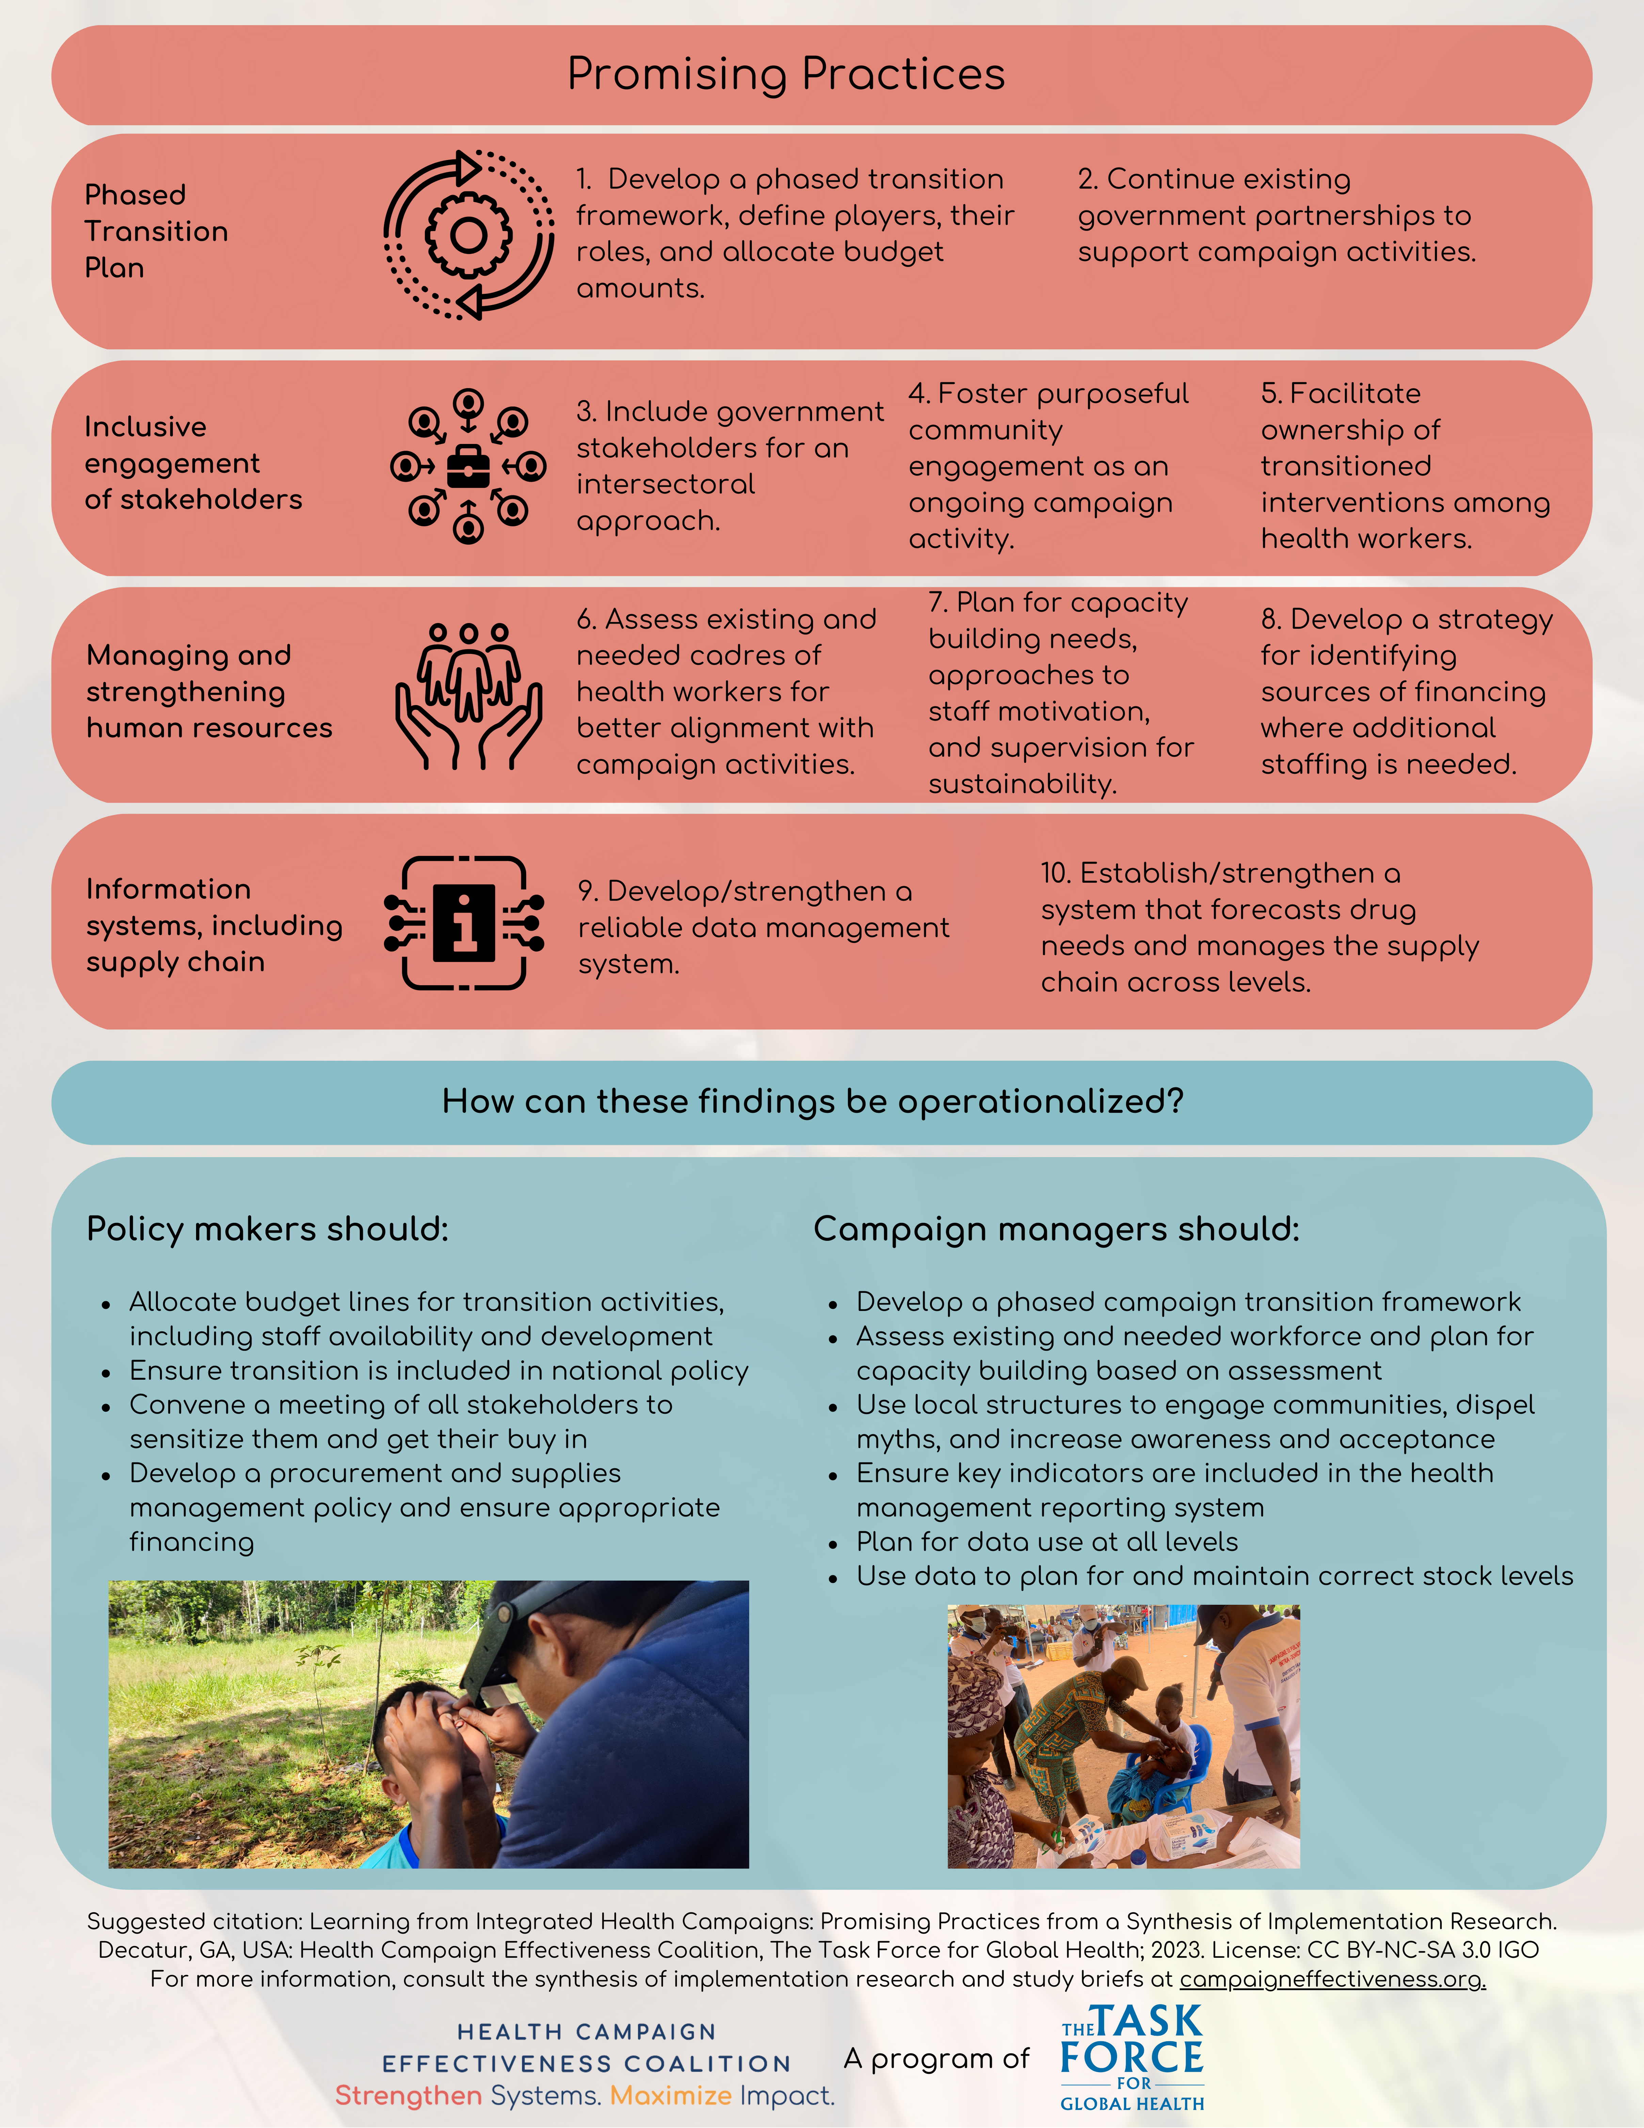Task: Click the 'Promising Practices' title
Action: (x=785, y=74)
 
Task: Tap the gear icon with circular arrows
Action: (x=469, y=235)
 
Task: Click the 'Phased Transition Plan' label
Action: (x=156, y=231)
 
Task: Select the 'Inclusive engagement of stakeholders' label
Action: (x=193, y=463)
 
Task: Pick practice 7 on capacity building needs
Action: (x=1060, y=693)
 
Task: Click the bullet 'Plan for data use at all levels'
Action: (x=1047, y=1541)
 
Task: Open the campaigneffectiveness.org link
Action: (x=1332, y=1979)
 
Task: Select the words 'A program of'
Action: (x=936, y=2059)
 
